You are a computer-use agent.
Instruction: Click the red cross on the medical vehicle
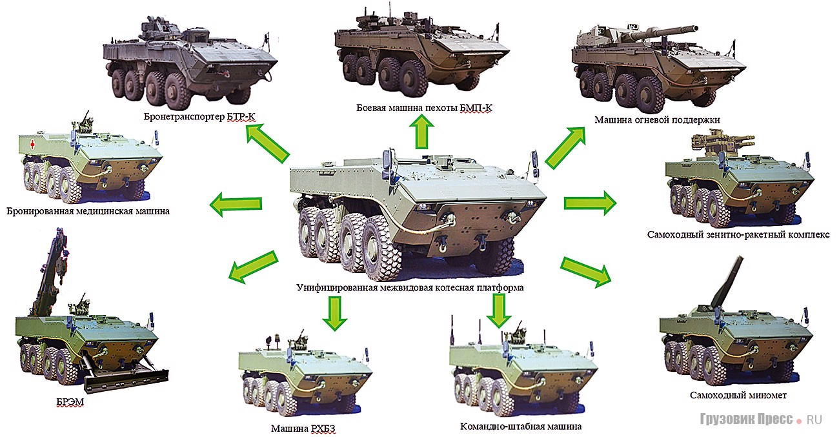(x=32, y=144)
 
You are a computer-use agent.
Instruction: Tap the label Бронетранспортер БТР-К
(x=199, y=117)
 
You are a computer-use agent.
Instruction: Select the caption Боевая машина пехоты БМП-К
(x=424, y=108)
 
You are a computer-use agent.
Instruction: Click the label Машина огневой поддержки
(x=657, y=120)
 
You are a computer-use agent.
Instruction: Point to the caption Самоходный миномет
(x=738, y=395)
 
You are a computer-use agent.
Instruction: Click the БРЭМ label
(x=70, y=402)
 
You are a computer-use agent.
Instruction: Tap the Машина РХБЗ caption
(x=303, y=429)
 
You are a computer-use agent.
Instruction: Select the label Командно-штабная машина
(x=521, y=427)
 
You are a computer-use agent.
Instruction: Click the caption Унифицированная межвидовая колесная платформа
(x=410, y=288)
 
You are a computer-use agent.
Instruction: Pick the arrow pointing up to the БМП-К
(x=421, y=132)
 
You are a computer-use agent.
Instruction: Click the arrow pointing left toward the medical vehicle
(x=236, y=204)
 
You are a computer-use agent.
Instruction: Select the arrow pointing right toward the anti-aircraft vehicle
(x=590, y=203)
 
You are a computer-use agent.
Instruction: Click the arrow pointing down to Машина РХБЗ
(x=334, y=314)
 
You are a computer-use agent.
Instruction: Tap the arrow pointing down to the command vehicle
(x=499, y=310)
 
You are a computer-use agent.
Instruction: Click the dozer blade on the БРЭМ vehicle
(x=126, y=380)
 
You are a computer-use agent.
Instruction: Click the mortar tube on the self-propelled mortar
(x=728, y=281)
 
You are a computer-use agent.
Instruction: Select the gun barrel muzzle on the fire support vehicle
(x=693, y=29)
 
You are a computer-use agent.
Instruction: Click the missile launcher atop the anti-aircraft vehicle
(x=722, y=141)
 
